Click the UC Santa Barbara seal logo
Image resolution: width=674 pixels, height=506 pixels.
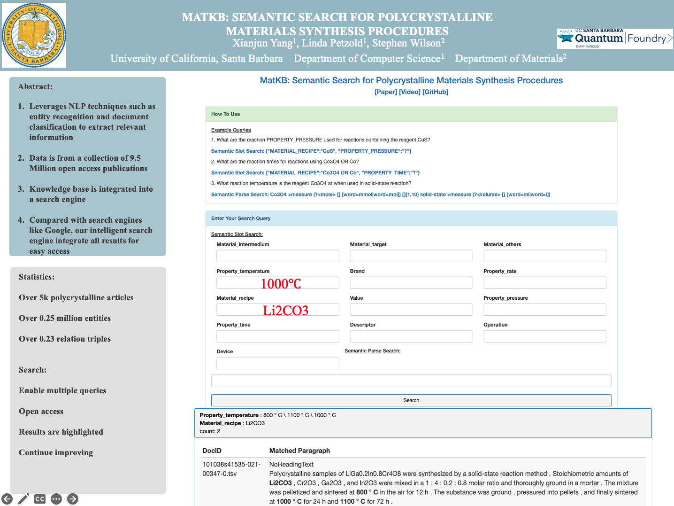coord(34,35)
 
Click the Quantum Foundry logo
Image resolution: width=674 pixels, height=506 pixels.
coord(615,39)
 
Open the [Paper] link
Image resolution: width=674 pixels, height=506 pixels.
coord(385,92)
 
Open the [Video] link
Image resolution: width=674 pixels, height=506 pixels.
coord(409,92)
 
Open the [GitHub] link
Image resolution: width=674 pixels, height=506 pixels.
coord(435,92)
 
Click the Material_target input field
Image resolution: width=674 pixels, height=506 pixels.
coord(411,256)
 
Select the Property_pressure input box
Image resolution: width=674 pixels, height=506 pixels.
coord(544,310)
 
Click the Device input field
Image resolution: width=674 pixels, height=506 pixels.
coord(277,363)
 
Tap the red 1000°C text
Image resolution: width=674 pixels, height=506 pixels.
coord(281,284)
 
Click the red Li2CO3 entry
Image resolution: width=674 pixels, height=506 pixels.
coord(285,311)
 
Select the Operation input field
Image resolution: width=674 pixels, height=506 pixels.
coord(544,336)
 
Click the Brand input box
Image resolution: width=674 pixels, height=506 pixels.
coord(411,283)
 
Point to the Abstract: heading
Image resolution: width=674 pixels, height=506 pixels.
coord(35,87)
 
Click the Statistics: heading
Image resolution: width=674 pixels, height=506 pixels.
coord(37,277)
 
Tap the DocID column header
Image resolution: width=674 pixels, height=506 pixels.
coord(212,451)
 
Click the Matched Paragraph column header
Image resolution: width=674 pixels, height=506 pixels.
coord(299,451)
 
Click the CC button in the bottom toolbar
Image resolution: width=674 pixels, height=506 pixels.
coord(40,499)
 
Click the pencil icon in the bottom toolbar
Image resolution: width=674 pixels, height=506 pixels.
coord(23,499)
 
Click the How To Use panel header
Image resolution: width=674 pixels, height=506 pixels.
coord(225,114)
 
